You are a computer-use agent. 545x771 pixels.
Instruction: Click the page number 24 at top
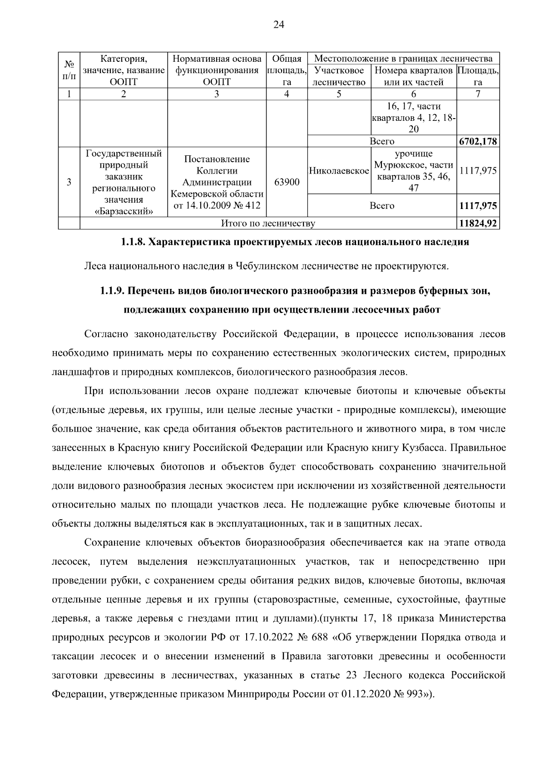[278, 25]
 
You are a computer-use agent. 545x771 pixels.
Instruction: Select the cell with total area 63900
[287, 182]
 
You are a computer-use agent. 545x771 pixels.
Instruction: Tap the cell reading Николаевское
[339, 171]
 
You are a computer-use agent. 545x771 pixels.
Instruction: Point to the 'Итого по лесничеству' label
[268, 224]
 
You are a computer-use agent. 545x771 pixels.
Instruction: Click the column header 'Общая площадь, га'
[287, 70]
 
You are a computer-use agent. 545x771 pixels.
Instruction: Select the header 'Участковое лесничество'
[339, 76]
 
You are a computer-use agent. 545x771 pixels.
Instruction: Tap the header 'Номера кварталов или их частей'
[413, 76]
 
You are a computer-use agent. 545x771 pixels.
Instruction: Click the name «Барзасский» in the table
[124, 211]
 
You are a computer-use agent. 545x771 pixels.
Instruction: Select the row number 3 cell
[69, 182]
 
